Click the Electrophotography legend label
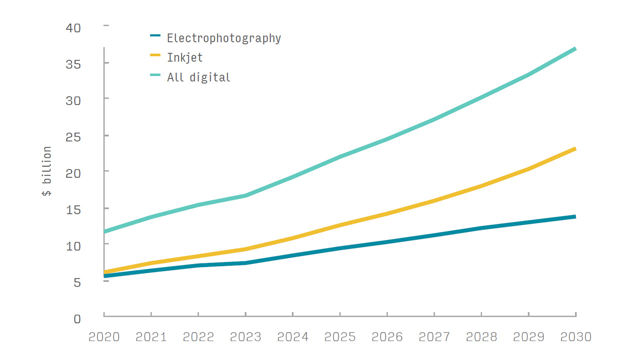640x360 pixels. (x=223, y=38)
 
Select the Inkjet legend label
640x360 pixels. (x=184, y=57)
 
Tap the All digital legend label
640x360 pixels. (x=198, y=77)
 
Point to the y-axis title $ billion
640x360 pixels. (x=46, y=171)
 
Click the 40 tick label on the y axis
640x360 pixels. (x=73, y=27)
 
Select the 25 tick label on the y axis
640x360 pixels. (x=73, y=136)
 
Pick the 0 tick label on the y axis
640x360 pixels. (x=77, y=318)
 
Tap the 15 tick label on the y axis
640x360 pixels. (x=73, y=209)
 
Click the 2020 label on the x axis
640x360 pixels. (x=104, y=336)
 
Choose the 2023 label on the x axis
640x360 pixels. (x=245, y=336)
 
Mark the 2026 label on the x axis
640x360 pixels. (x=387, y=336)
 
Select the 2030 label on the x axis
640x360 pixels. (x=575, y=336)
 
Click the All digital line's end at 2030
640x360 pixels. (x=575, y=48)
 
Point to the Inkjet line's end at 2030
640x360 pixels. (x=575, y=148)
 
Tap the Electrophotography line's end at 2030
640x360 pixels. (x=575, y=216)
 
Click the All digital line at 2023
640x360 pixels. (x=245, y=195)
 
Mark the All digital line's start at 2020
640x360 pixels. (x=104, y=231)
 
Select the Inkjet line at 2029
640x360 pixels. (x=528, y=169)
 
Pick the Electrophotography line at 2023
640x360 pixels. (x=245, y=263)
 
